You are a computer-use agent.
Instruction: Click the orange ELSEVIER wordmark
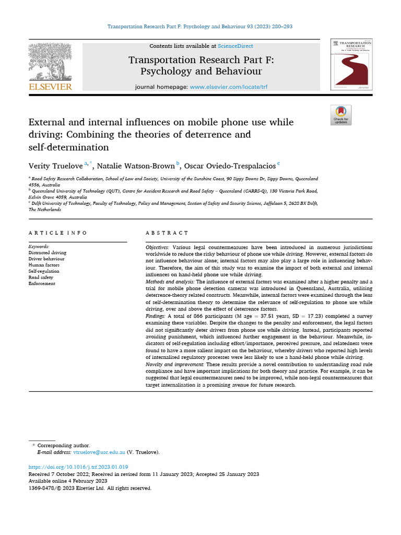(50, 87)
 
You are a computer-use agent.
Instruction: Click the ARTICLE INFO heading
(58, 232)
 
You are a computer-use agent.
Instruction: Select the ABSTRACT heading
(167, 232)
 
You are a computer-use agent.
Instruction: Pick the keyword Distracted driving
(47, 252)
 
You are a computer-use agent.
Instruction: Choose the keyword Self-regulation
(44, 271)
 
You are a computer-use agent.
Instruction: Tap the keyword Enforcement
(43, 284)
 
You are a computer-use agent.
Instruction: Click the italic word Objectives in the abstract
(157, 246)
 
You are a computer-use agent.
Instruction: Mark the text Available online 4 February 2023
(68, 481)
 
